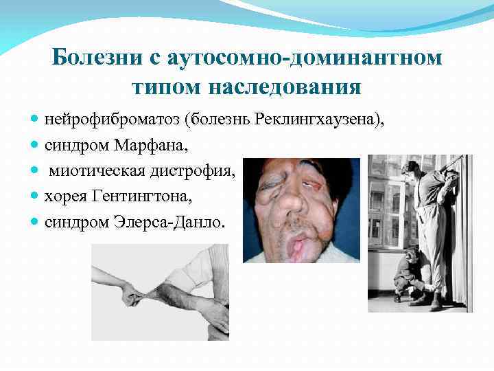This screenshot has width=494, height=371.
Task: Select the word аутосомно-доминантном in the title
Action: point(298,57)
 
